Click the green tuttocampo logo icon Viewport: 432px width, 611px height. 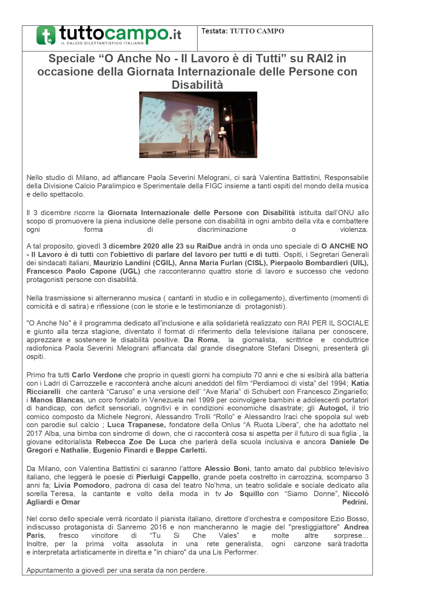click(x=46, y=35)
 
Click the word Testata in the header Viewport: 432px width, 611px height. click(x=214, y=31)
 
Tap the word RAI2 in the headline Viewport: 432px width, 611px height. click(x=316, y=58)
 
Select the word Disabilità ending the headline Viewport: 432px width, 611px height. click(x=197, y=85)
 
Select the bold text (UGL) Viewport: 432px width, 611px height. click(x=130, y=271)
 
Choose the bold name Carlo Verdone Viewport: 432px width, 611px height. click(x=97, y=375)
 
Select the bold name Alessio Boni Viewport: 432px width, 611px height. click(x=227, y=469)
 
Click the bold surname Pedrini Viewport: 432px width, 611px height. click(x=355, y=502)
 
